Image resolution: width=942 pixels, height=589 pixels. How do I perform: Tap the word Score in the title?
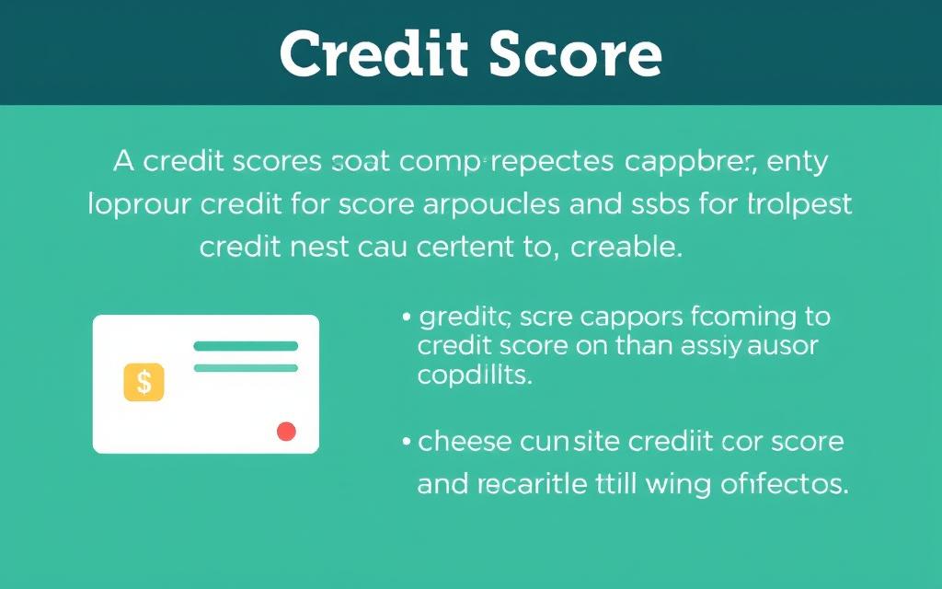coord(576,55)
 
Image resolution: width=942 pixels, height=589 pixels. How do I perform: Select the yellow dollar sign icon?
coord(144,381)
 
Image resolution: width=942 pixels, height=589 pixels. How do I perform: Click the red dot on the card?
coord(286,431)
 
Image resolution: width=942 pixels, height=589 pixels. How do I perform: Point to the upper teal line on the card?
coord(246,346)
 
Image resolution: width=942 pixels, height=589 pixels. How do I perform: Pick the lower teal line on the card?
coord(246,368)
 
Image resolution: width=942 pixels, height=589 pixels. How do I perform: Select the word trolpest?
coord(798,204)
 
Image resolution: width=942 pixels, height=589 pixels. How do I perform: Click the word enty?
coord(798,163)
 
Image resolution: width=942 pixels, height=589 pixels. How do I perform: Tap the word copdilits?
coord(475,376)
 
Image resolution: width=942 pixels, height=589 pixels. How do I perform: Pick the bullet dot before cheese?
coord(406,443)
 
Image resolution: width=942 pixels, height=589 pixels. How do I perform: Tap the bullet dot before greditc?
coord(406,318)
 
